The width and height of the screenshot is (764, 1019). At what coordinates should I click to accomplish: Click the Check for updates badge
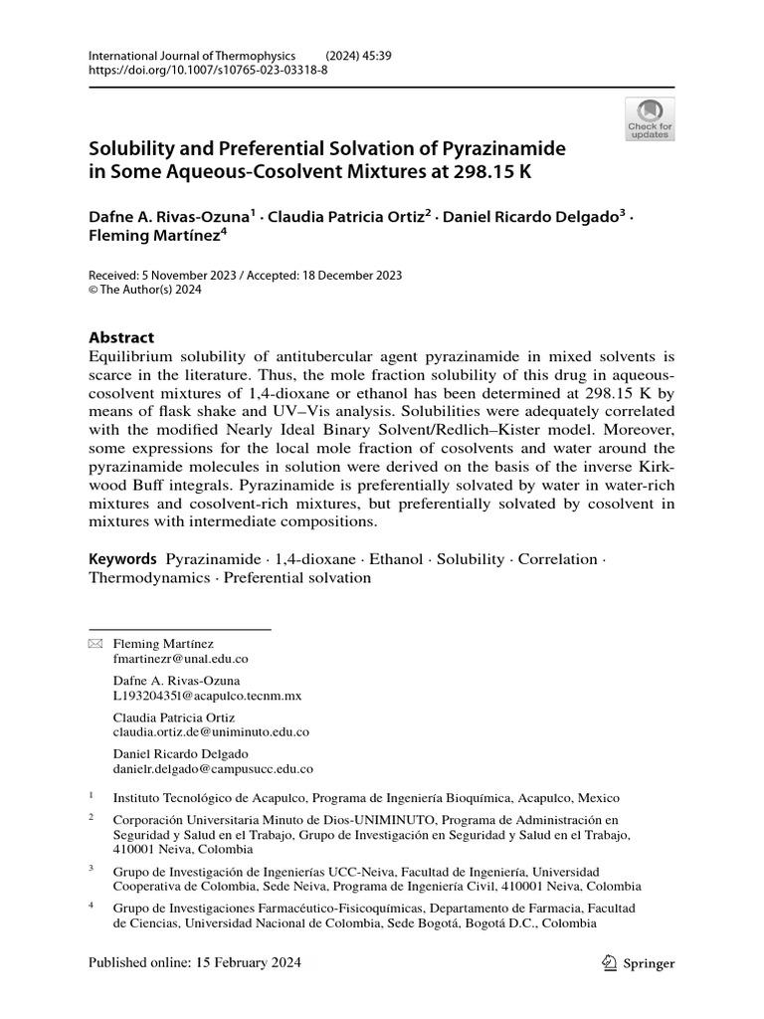click(x=650, y=118)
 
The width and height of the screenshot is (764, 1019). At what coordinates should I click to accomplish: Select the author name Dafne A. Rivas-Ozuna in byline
click(x=170, y=216)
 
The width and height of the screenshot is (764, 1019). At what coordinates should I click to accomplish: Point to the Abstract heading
click(x=121, y=337)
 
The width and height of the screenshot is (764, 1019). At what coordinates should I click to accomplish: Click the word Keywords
click(x=123, y=559)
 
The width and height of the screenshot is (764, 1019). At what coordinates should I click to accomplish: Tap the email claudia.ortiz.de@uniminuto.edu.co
click(x=212, y=731)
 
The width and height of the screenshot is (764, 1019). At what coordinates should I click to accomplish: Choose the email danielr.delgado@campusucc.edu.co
click(x=214, y=768)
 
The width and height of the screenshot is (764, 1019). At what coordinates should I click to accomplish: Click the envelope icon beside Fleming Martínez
click(x=95, y=644)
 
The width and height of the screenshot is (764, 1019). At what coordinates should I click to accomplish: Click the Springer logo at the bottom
click(x=640, y=962)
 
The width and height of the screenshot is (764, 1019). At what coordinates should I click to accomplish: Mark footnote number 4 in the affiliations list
click(x=92, y=907)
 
